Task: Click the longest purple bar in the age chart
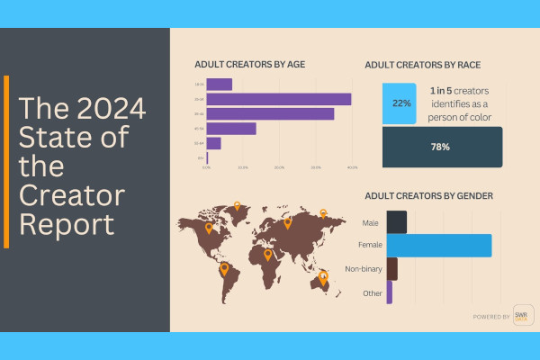point(279,99)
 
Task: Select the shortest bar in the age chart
point(208,157)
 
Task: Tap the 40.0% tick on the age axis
point(352,167)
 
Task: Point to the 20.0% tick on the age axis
point(280,167)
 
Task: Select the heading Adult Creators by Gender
point(428,195)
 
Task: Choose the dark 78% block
point(441,147)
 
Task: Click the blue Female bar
point(438,246)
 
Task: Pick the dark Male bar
point(396,222)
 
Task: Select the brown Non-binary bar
point(391,269)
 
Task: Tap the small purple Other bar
point(389,292)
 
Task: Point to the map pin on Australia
point(323,278)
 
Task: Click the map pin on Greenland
point(237,205)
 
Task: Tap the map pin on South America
point(224,267)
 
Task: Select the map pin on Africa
point(267,254)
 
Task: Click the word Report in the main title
point(67,223)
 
